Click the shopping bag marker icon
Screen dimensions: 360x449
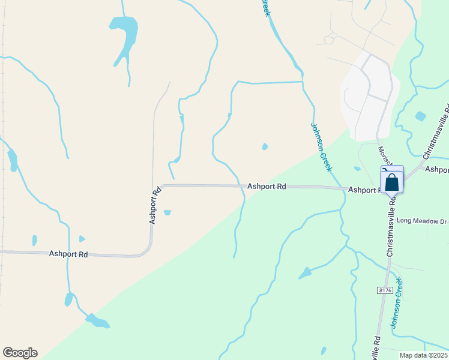tap(391, 182)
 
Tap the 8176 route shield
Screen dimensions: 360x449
tap(385, 290)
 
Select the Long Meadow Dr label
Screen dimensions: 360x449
tap(421, 221)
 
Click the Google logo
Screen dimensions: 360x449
tap(20, 353)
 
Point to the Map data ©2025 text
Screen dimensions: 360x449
tap(423, 355)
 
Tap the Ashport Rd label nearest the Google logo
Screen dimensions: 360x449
tap(68, 254)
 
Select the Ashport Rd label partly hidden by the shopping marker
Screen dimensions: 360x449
tap(364, 190)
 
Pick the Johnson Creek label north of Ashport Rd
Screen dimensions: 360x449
tap(321, 147)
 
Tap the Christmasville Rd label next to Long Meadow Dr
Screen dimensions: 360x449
tap(391, 229)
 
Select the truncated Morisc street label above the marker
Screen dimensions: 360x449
tap(384, 155)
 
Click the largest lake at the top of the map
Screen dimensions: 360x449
tap(124, 33)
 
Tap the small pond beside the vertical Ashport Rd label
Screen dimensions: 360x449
tap(167, 212)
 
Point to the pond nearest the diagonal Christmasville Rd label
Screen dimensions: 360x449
tap(420, 116)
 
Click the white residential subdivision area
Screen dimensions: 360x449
tap(369, 96)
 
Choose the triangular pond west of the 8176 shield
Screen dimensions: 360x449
tap(306, 273)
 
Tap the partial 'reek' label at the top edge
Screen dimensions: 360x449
tap(264, 8)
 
